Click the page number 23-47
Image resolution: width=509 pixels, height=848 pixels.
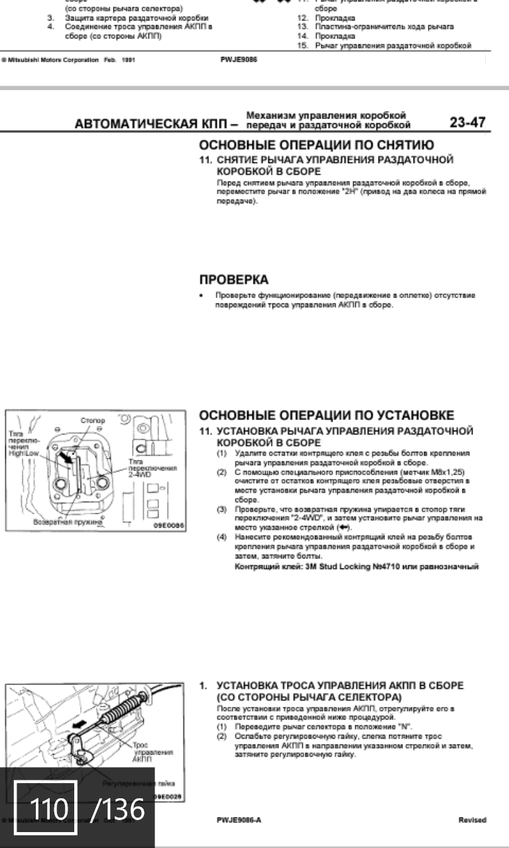467,122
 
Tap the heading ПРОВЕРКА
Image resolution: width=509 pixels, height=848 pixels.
234,280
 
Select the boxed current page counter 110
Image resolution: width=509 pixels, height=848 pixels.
46,809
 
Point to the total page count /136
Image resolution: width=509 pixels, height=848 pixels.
117,809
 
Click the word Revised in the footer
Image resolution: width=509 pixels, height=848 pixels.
472,820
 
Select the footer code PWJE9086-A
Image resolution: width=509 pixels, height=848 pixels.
239,820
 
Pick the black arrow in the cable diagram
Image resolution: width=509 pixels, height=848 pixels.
79,724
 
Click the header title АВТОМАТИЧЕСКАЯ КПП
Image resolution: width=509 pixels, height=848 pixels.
154,124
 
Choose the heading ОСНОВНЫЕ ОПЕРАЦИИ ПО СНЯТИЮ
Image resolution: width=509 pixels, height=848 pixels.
317,146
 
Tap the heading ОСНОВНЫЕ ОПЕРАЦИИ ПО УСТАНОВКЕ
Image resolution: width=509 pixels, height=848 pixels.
327,415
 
